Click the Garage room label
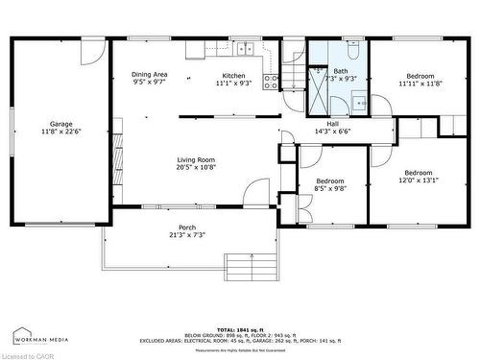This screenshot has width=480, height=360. tap(61, 124)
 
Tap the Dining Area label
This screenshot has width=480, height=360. tap(150, 75)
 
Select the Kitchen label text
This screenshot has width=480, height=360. tap(233, 76)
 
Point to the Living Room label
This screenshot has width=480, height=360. tap(196, 159)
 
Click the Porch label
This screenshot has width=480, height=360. tap(187, 228)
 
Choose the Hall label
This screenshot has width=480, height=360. tap(332, 124)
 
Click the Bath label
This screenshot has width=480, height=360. tap(341, 70)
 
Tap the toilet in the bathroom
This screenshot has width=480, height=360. tap(352, 45)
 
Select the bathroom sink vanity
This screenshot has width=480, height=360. tap(358, 99)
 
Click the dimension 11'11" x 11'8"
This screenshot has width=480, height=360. tap(420, 84)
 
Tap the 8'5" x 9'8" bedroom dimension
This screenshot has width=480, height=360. tap(330, 188)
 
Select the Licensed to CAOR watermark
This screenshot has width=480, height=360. tap(29, 354)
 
